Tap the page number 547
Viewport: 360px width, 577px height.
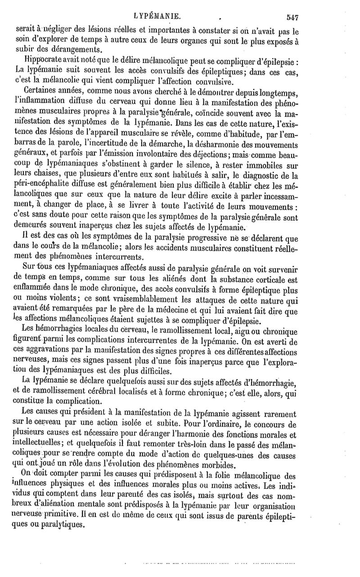293,17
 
